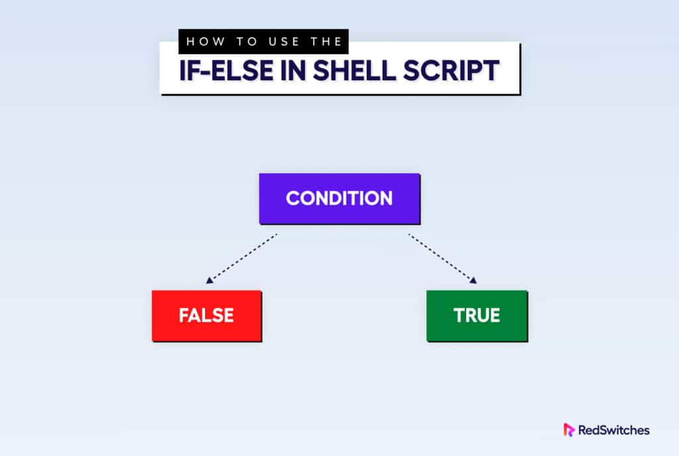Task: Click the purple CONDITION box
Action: (x=339, y=198)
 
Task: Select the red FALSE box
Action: (x=206, y=315)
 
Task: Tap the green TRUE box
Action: (x=477, y=315)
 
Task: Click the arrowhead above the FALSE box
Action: (x=208, y=281)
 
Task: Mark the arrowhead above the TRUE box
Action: (x=473, y=281)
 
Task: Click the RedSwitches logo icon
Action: (x=569, y=429)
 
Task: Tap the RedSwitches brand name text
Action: (x=614, y=430)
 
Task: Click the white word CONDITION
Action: (x=339, y=198)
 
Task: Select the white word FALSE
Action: (x=206, y=315)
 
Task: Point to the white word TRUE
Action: (x=477, y=315)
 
